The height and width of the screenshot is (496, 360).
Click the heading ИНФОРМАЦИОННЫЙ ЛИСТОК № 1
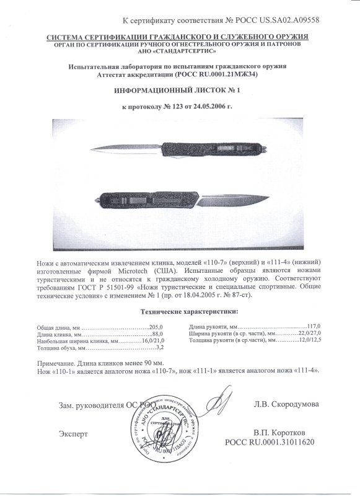tap(179, 91)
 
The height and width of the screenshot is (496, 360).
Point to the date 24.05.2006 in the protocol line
tap(210, 107)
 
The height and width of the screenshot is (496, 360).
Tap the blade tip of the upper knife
tap(93, 148)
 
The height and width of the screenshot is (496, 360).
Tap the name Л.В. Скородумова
tap(286, 404)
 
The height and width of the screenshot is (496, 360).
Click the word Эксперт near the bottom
tap(73, 433)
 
